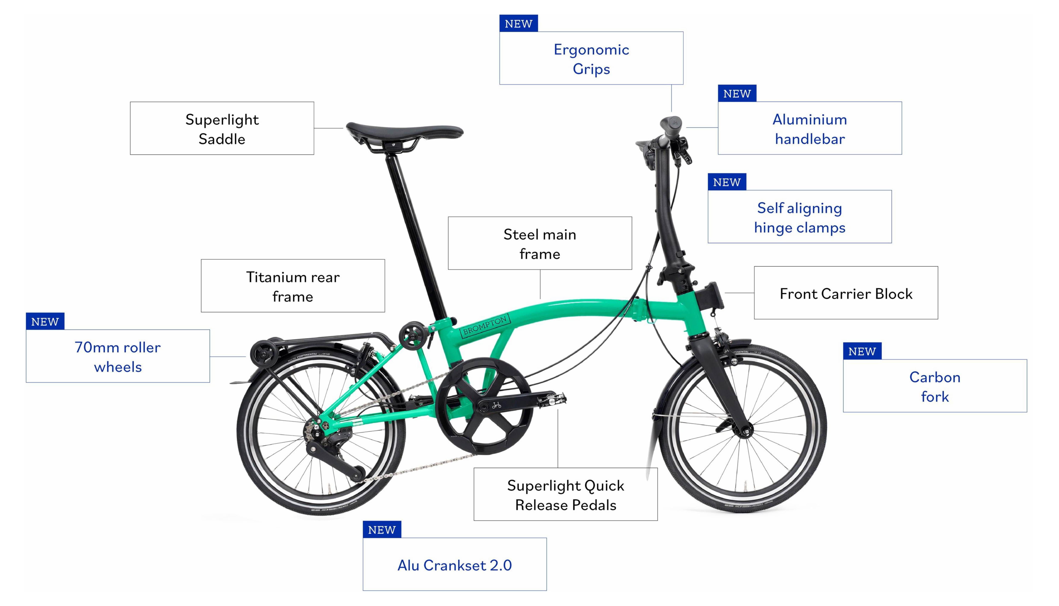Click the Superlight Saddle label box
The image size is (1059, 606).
click(x=222, y=128)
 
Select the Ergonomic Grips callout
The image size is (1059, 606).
click(x=591, y=58)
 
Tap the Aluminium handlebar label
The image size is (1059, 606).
click(x=810, y=128)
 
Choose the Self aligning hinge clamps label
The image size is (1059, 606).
click(x=800, y=217)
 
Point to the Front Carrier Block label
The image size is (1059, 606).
click(x=846, y=293)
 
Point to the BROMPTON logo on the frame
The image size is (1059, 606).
click(x=485, y=325)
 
